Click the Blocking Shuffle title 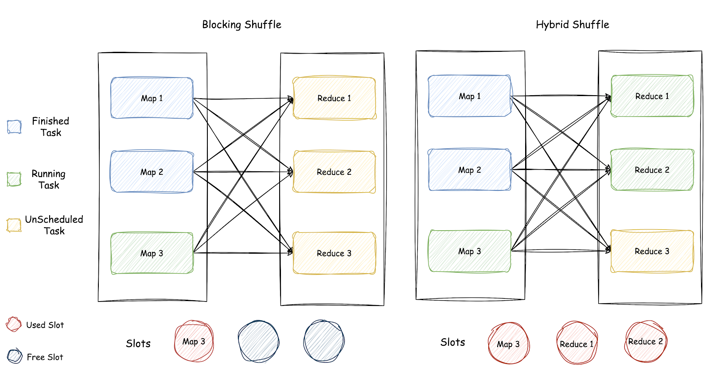(242, 25)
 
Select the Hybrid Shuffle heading (572, 25)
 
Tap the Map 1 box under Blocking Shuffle (152, 98)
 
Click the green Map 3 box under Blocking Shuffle (152, 253)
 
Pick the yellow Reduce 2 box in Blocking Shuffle (334, 172)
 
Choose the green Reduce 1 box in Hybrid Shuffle (652, 96)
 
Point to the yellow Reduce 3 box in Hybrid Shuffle (652, 251)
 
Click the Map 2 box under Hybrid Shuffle (469, 170)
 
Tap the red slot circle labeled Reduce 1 (577, 344)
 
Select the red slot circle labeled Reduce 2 (645, 341)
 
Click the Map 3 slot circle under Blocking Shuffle (194, 341)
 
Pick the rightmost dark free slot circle (324, 341)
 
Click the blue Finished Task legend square (14, 127)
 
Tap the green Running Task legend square (14, 179)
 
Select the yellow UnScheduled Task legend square (14, 225)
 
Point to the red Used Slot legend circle (14, 325)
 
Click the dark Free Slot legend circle (15, 356)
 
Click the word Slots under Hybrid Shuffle (452, 342)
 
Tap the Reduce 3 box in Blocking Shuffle (334, 253)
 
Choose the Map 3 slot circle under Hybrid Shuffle (508, 344)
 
